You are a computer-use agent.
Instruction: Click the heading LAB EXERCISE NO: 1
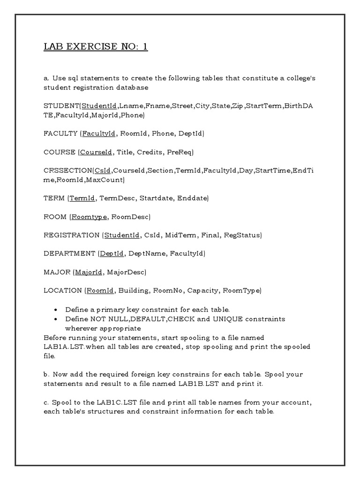pyautogui.click(x=96, y=47)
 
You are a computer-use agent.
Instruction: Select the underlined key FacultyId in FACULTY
pyautogui.click(x=99, y=134)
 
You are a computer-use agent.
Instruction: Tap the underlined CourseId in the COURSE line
pyautogui.click(x=96, y=152)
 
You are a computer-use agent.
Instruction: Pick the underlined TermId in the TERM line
pyautogui.click(x=83, y=198)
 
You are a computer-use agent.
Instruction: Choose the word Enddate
pyautogui.click(x=192, y=198)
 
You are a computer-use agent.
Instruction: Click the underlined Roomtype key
pyautogui.click(x=89, y=217)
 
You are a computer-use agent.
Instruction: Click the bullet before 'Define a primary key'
pyautogui.click(x=56, y=310)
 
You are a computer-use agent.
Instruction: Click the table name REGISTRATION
pyautogui.click(x=71, y=235)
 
